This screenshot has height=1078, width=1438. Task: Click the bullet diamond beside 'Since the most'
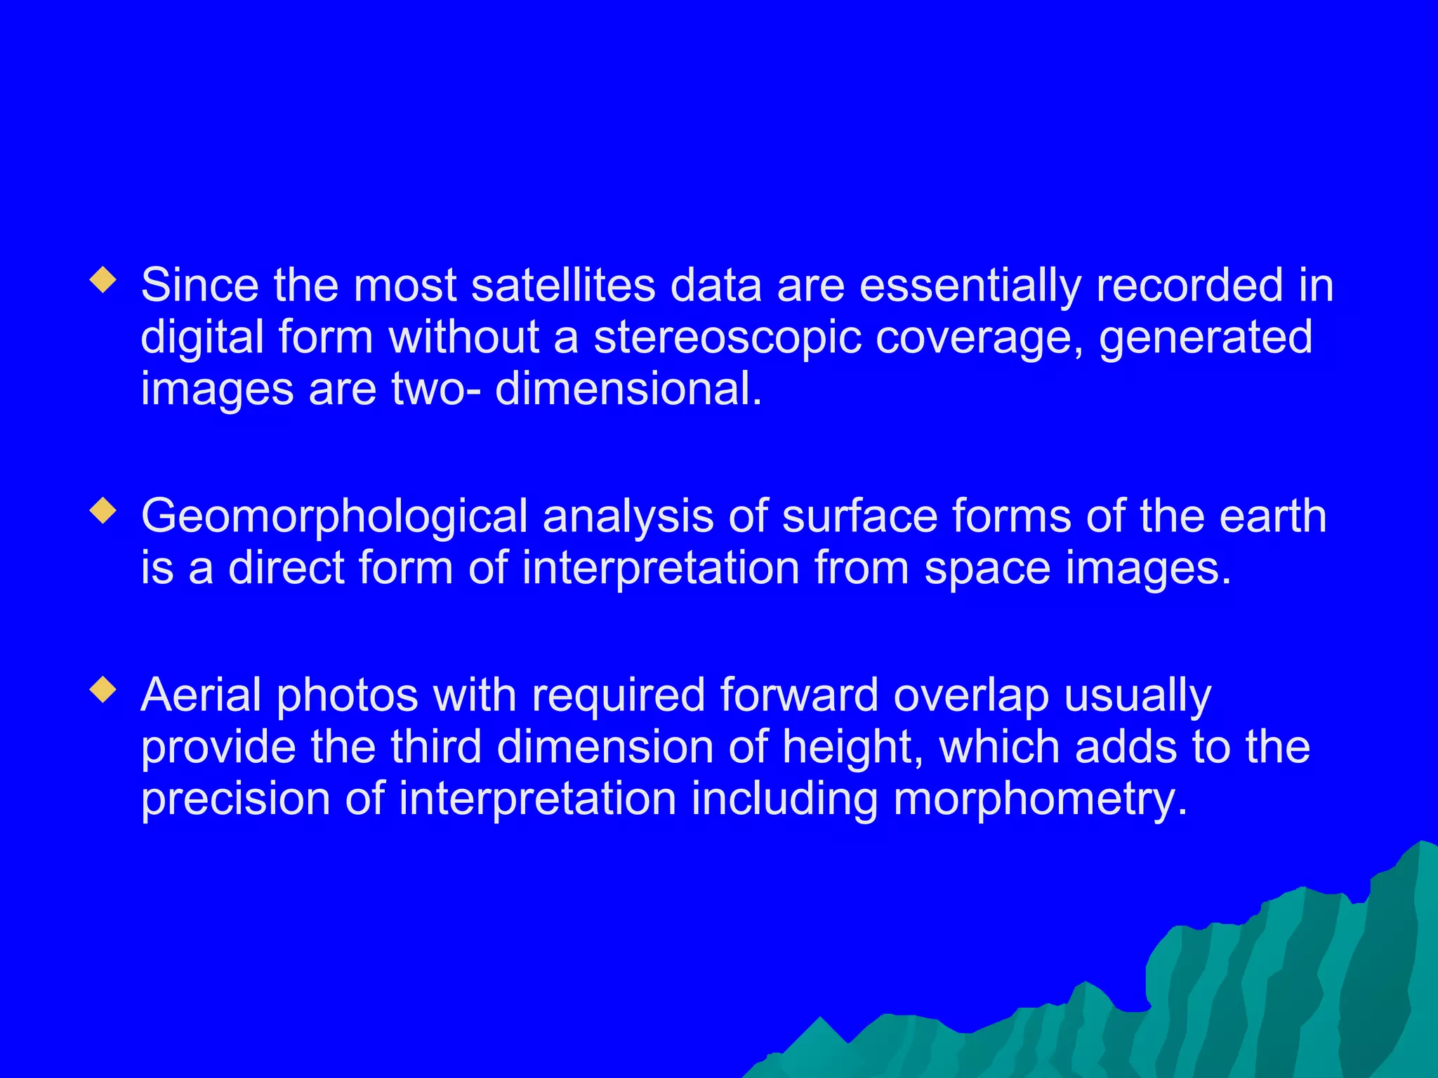coord(103,280)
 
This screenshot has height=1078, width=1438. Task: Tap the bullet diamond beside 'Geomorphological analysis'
coord(103,511)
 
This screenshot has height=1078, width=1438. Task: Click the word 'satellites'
coord(563,286)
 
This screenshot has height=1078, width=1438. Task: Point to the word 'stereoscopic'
coord(727,338)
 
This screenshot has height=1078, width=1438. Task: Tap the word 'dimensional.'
coord(628,389)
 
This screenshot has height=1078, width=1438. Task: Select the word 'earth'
coord(1272,517)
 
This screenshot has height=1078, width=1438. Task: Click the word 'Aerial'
coord(201,695)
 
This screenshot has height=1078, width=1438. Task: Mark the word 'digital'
coord(202,338)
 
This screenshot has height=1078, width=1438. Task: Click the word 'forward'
coord(799,695)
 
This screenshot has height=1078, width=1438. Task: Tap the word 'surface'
coord(859,517)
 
